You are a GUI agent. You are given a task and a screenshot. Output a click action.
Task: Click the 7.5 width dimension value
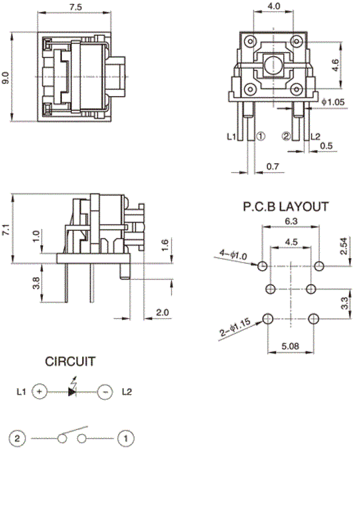coord(76,7)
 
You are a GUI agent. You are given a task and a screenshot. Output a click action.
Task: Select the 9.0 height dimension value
coord(6,78)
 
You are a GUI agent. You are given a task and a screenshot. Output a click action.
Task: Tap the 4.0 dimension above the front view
coord(273,6)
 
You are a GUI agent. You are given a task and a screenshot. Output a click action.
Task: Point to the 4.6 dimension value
coord(335,65)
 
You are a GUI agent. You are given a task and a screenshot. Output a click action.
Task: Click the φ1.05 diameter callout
coord(333,102)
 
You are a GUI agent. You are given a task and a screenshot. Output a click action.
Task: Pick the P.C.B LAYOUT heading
coord(286,207)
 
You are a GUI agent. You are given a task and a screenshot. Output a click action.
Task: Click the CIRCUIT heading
coord(70,362)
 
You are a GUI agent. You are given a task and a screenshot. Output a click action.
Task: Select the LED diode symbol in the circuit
coord(72,391)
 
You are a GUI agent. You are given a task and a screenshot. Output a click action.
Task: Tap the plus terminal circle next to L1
coord(39,391)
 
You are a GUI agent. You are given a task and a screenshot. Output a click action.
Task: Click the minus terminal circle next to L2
coord(105,391)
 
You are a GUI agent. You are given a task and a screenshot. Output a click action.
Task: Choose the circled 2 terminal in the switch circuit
coord(17,438)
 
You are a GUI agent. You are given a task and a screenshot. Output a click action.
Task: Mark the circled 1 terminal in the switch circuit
coord(126,438)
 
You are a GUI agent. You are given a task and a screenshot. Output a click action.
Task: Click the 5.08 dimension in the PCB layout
coord(290,345)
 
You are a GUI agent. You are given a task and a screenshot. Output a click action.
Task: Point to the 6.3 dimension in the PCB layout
coord(291,221)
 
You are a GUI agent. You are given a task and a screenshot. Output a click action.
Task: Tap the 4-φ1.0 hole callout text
coord(233,255)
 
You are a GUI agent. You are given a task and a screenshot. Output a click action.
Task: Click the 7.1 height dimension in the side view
coord(6,229)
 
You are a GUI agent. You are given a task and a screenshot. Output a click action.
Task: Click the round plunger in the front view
coord(273,65)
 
